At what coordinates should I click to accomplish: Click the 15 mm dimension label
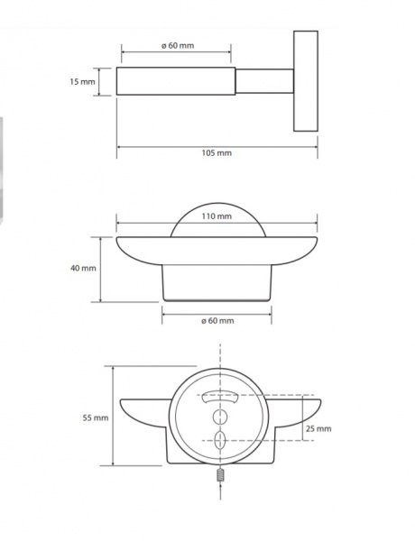82,82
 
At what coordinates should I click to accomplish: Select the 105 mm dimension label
217,153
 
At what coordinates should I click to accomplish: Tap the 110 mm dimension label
217,216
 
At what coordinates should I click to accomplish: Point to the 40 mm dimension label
83,268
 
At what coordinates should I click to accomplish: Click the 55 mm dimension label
96,417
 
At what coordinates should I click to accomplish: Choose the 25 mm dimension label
318,429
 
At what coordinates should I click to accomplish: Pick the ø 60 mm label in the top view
178,46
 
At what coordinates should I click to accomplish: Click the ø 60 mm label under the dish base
217,321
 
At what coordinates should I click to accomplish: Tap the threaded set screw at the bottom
220,475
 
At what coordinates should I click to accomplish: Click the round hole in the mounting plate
220,417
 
